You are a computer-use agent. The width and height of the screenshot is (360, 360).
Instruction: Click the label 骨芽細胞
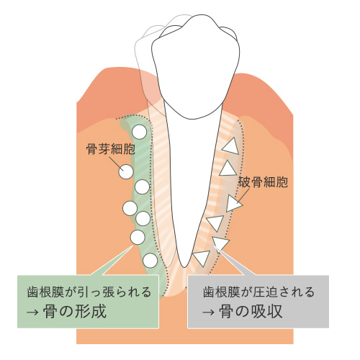pos(111,149)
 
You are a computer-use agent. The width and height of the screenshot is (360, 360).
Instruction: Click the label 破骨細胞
pos(263,181)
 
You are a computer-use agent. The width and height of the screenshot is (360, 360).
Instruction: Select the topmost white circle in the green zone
pos(139,132)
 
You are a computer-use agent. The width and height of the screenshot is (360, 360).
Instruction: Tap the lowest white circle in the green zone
pos(150,261)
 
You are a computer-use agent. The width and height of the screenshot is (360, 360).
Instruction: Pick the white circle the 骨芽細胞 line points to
pos(126,172)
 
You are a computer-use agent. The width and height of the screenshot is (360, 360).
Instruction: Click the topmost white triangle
pos(231,146)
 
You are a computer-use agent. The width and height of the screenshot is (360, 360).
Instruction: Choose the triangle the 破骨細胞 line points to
pos(233,203)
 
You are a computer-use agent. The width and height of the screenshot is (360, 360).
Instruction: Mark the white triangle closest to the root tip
pos(202,258)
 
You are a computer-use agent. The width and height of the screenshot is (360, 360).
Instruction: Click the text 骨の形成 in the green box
pos(75,311)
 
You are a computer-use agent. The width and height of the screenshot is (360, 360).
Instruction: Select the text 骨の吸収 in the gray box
pos(251,311)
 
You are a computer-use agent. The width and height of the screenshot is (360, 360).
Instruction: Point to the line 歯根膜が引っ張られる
pos(89,292)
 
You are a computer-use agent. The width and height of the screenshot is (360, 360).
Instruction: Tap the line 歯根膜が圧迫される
pos(258,292)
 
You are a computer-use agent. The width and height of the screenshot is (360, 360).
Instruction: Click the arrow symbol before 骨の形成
pos(32,312)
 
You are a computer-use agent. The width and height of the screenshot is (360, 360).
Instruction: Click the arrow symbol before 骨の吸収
pos(208,312)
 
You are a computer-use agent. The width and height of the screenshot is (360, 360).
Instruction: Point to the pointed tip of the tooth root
pos(184,267)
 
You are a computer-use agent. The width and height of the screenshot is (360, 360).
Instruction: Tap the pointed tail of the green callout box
pos(132,246)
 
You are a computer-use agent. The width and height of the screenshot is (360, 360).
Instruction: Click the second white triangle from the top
pos(228,168)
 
